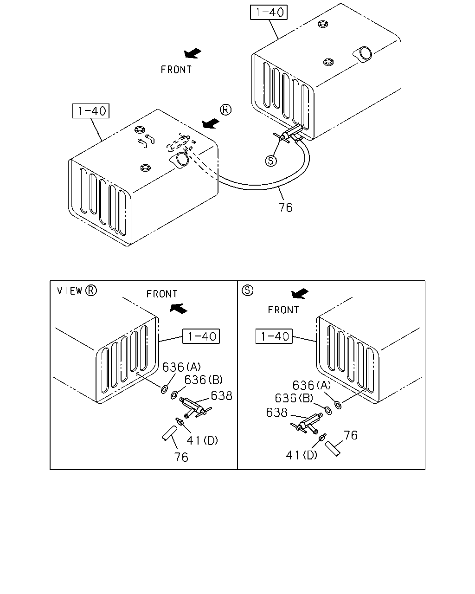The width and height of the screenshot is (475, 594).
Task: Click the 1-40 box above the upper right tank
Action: [269, 12]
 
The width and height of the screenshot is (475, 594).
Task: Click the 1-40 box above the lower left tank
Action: [91, 111]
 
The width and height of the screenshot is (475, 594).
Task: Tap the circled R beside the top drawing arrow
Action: [225, 110]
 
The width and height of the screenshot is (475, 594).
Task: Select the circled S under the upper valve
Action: [271, 161]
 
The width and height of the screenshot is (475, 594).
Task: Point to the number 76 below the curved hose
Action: [285, 207]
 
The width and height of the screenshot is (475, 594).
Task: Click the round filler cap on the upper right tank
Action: [365, 53]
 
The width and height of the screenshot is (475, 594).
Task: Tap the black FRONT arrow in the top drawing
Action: [193, 53]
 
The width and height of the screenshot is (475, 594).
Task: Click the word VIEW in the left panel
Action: [70, 291]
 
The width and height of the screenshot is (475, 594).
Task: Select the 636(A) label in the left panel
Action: [181, 367]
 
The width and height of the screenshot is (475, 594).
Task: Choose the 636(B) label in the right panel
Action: [294, 398]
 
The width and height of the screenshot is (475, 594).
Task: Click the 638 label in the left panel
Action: [221, 395]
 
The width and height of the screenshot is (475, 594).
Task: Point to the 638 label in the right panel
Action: [277, 413]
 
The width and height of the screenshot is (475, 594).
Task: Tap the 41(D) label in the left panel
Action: [202, 440]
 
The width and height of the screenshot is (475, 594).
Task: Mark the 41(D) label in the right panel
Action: [302, 455]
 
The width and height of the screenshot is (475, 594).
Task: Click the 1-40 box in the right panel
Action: [274, 336]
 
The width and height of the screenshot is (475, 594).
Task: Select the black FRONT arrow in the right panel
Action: [300, 293]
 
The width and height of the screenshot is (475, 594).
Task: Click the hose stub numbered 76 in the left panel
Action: [169, 433]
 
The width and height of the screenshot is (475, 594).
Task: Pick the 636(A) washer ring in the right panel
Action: [338, 405]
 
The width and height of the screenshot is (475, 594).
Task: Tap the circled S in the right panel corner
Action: [247, 291]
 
